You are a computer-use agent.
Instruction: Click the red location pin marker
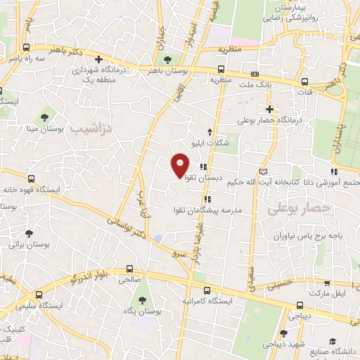coord(180,165)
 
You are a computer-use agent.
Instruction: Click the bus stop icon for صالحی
coord(129,268)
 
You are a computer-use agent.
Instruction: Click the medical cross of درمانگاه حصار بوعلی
coord(269,109)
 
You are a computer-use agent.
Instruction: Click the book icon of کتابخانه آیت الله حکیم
coord(263,171)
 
